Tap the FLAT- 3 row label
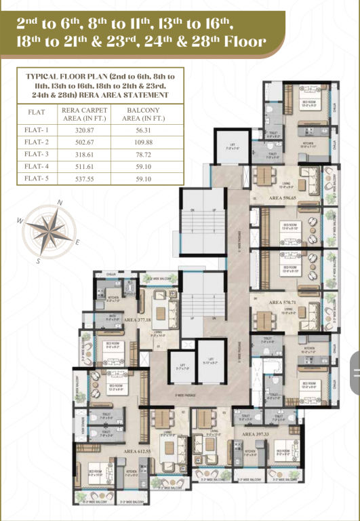coord(37,155)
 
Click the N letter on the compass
coord(60,202)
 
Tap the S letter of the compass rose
coord(39,260)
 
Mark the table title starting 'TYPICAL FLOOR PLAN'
coord(100,86)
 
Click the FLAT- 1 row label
coord(37,132)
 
